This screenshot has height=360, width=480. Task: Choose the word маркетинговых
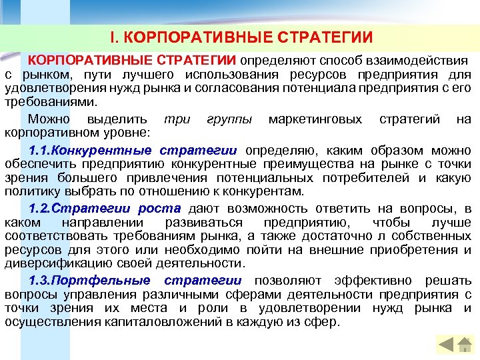click(x=315, y=119)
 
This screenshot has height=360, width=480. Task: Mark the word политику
click(x=31, y=192)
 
